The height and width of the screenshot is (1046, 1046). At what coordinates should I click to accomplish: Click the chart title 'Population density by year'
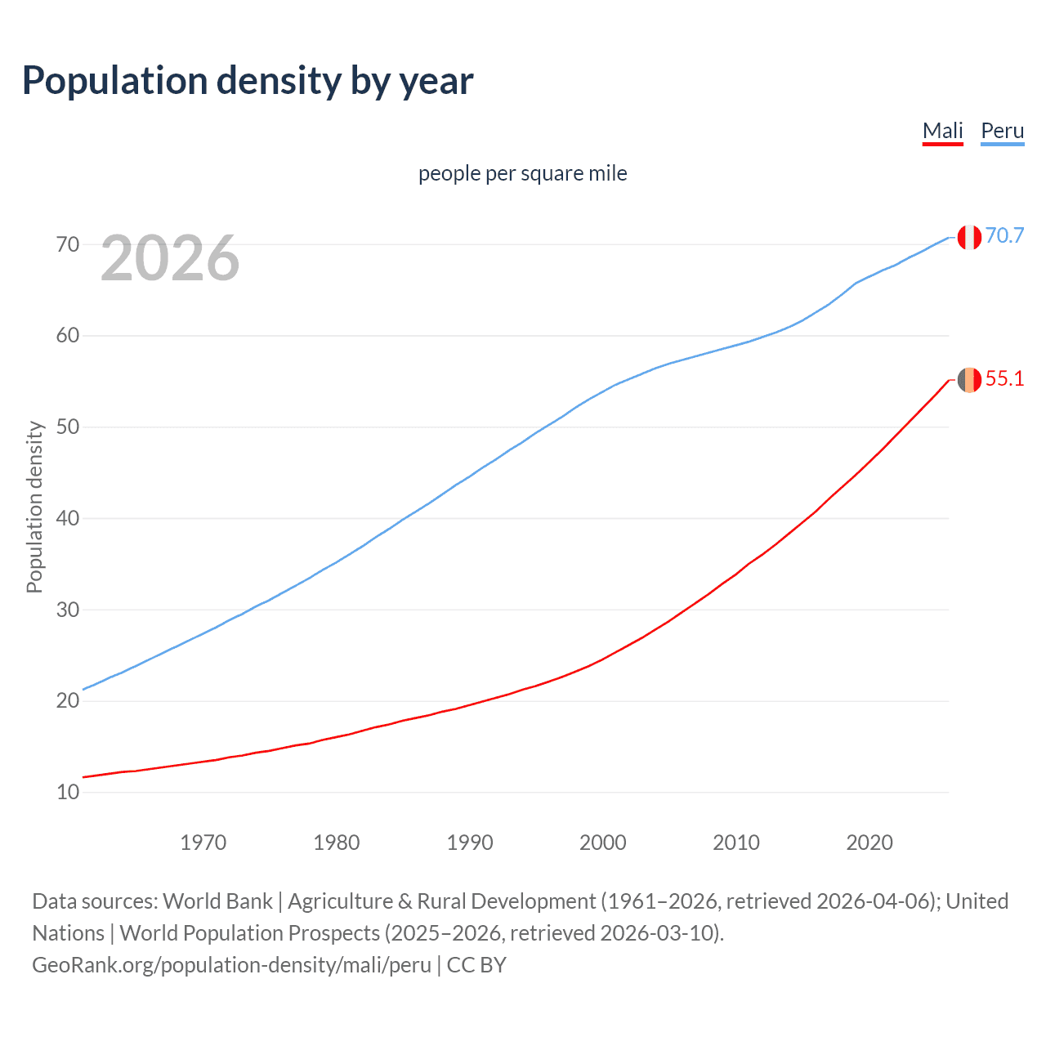coord(248,81)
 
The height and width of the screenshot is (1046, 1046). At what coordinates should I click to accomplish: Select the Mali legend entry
coord(942,131)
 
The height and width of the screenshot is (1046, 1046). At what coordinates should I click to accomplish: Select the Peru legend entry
coord(1002,131)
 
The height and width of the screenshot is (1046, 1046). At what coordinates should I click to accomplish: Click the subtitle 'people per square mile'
coord(522,173)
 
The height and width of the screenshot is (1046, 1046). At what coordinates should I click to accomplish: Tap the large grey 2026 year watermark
coord(170,258)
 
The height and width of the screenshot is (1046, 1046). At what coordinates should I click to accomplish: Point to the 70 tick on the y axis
coord(68,244)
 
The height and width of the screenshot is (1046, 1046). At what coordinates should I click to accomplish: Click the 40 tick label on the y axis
coord(68,518)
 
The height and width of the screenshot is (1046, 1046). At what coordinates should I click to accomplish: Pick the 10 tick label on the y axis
coord(68,792)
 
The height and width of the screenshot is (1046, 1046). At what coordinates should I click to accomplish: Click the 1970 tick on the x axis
coord(203,843)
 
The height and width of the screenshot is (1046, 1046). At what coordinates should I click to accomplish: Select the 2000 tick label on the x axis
coord(602,843)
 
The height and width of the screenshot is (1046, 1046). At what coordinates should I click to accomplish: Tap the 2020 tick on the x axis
coord(869,843)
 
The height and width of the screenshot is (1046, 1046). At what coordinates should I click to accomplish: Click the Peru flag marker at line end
coord(969,237)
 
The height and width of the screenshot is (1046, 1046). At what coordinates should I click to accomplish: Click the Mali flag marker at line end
coord(969,380)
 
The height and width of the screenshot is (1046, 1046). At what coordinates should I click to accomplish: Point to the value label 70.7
coord(1004,235)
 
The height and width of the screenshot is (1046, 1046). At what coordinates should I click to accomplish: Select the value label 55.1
coord(1004,378)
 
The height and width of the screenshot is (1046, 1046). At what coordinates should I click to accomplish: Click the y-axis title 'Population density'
coord(34,507)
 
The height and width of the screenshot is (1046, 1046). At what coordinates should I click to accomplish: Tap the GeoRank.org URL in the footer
coord(231,965)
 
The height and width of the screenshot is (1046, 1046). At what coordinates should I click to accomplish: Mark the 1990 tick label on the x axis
coord(469,843)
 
